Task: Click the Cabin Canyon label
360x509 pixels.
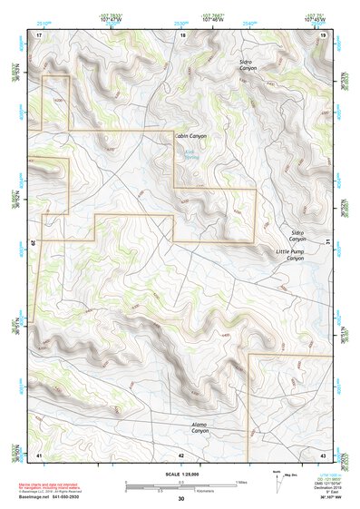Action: pyautogui.click(x=190, y=136)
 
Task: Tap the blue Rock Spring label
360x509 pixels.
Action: pyautogui.click(x=190, y=154)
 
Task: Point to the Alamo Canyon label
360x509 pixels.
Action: pyautogui.click(x=199, y=426)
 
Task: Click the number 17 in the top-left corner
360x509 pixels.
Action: pyautogui.click(x=39, y=34)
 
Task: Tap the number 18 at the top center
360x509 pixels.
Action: pyautogui.click(x=182, y=34)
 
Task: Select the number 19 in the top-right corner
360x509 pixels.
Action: pyautogui.click(x=323, y=34)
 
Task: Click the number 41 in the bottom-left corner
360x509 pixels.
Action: pyautogui.click(x=39, y=454)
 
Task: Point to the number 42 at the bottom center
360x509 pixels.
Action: pyautogui.click(x=181, y=454)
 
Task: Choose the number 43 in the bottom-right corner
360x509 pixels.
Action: pyautogui.click(x=323, y=454)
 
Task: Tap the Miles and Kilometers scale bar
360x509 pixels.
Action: pyautogui.click(x=185, y=485)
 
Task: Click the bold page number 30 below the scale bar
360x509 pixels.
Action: pyautogui.click(x=181, y=499)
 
